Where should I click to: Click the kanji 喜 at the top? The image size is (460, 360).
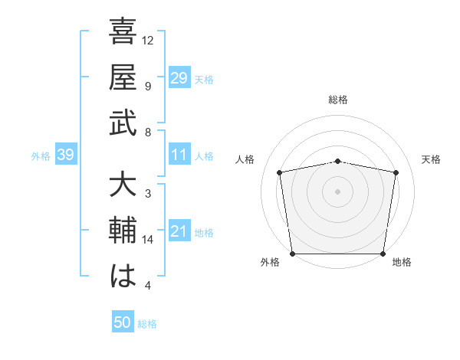(x=123, y=34)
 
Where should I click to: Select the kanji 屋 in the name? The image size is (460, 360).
(x=123, y=79)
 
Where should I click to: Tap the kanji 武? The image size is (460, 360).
(x=123, y=124)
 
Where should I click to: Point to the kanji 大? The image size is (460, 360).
(x=123, y=186)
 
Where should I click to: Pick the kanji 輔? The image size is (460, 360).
(x=123, y=231)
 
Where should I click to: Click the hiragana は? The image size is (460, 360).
(x=123, y=277)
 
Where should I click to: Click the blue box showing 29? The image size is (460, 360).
(x=179, y=78)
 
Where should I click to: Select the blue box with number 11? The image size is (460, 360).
(x=179, y=155)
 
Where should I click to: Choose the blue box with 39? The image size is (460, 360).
(x=65, y=155)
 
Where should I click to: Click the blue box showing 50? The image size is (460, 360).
(x=123, y=322)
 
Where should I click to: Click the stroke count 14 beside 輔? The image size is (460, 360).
(x=148, y=240)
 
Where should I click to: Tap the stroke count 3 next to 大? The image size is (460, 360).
(x=147, y=194)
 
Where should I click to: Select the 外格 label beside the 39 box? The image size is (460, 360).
(x=41, y=156)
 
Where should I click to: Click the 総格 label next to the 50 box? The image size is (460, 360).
(x=147, y=324)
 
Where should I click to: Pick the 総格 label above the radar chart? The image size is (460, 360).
(x=338, y=100)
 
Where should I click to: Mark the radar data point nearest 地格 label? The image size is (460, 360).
(x=383, y=254)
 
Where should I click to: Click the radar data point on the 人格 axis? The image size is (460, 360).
(x=280, y=172)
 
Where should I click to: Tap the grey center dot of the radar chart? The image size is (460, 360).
(x=338, y=191)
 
